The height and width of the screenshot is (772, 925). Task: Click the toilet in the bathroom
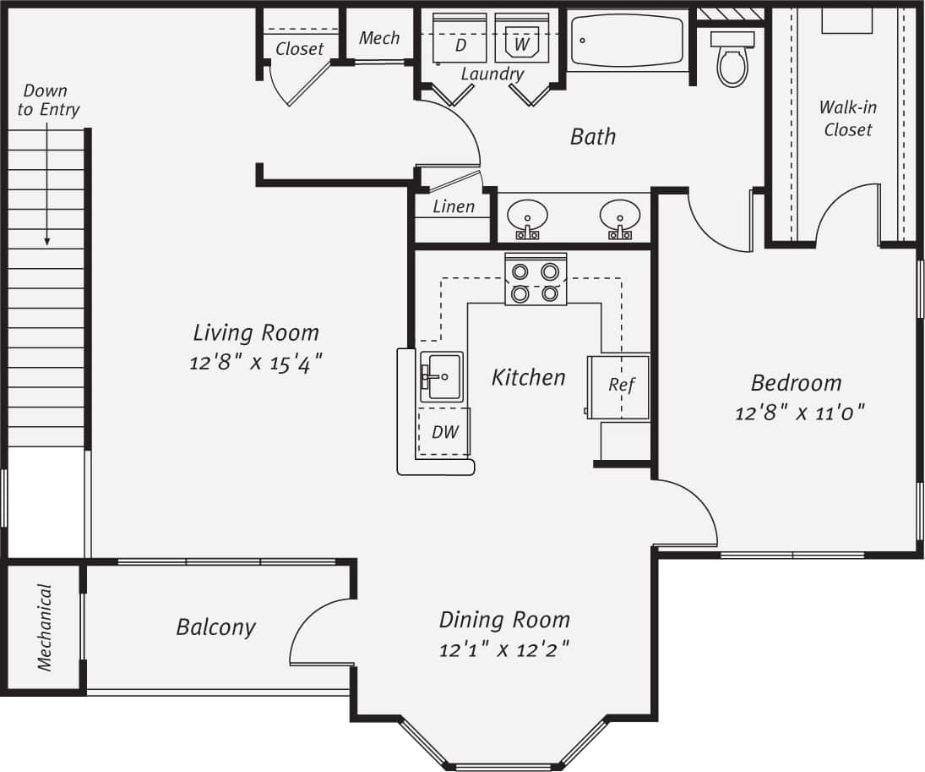tap(732, 60)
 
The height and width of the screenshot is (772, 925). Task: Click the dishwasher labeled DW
tap(444, 432)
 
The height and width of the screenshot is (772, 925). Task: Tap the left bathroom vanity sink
tap(527, 218)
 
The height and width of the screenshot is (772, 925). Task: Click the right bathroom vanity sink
tap(620, 218)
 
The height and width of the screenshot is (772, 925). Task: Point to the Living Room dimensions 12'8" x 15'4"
tap(256, 363)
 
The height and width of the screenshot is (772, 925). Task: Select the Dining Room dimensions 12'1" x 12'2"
tap(504, 650)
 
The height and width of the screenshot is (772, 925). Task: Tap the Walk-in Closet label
tap(847, 118)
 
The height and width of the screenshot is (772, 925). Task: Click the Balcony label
tap(215, 627)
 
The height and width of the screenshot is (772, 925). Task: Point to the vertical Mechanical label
tap(44, 627)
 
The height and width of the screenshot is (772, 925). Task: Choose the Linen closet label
tap(454, 206)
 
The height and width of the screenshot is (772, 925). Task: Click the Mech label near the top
tap(379, 38)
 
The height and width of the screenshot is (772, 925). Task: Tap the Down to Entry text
tap(48, 100)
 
